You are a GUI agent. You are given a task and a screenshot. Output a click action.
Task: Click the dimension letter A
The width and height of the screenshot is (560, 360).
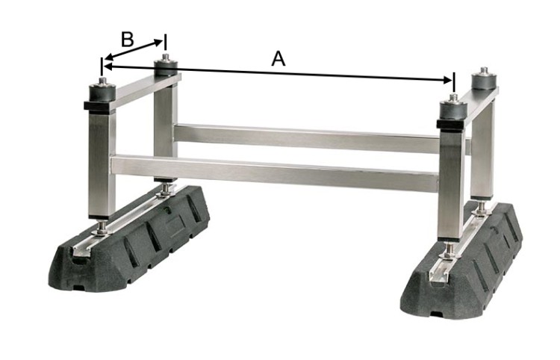click(279, 59)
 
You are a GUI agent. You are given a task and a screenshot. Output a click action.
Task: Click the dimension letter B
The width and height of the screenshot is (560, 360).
click(128, 40)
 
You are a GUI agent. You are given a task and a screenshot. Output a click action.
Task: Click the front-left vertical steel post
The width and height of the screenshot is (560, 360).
click(102, 164)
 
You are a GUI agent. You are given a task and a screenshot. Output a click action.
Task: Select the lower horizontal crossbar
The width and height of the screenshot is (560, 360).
click(275, 173)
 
